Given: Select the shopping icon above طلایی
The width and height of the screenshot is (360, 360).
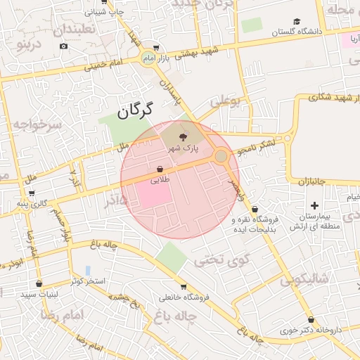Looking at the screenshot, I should (160, 169).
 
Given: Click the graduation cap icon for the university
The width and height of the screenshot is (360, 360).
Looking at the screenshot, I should (297, 22).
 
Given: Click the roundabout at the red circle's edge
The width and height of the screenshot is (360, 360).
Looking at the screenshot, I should (221, 155).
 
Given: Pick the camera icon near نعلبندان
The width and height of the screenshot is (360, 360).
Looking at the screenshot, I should (64, 46).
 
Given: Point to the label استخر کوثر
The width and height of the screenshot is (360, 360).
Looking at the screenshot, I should (87, 281).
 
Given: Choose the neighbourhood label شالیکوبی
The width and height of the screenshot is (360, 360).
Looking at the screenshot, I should (304, 279).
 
